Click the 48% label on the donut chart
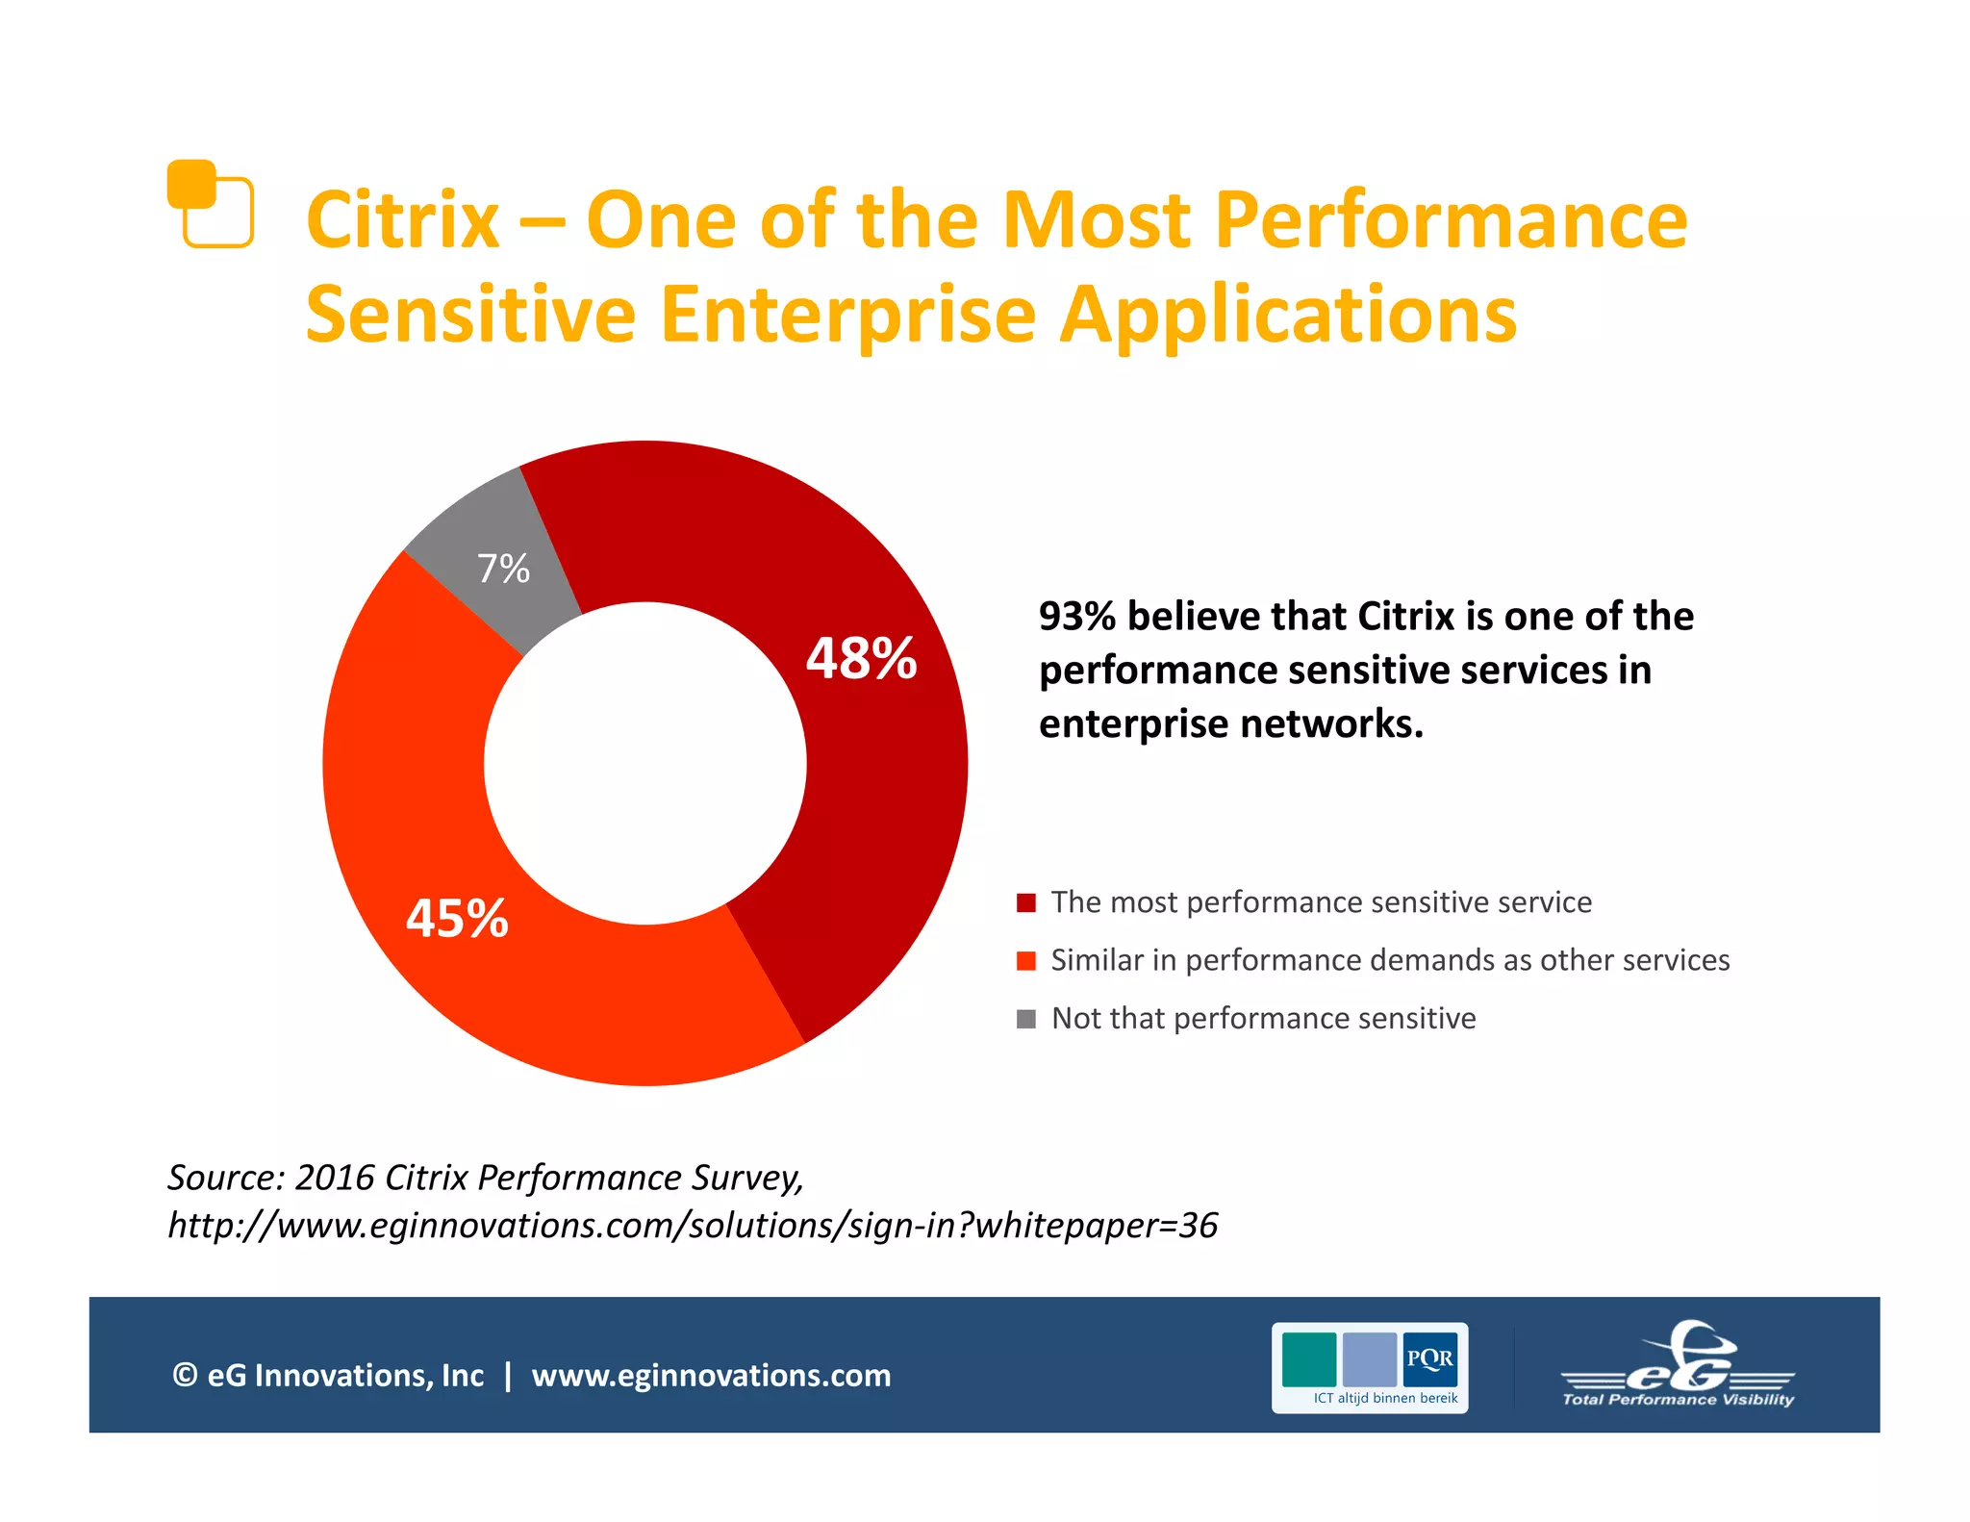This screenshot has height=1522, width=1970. tap(861, 659)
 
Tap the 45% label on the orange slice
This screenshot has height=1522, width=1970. tap(457, 918)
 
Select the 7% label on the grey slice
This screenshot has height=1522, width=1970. tap(503, 569)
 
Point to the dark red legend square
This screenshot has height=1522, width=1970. tap(1026, 902)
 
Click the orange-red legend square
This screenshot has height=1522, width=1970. tap(1026, 960)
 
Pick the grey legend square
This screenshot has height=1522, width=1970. tap(1026, 1019)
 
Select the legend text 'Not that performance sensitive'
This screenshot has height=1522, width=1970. tap(1263, 1018)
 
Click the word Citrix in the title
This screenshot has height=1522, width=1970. tap(403, 220)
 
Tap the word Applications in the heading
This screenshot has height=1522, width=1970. tap(1287, 315)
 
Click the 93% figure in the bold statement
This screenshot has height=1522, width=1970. tap(1076, 617)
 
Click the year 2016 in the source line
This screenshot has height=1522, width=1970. tap(334, 1178)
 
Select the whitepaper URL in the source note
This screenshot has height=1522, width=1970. tap(693, 1226)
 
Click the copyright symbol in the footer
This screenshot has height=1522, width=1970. tap(185, 1375)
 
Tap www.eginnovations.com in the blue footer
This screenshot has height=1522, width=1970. tap(711, 1375)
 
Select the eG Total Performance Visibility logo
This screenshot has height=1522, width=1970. tap(1678, 1366)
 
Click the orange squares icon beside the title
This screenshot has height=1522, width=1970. tap(210, 203)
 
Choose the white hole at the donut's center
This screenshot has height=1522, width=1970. tap(644, 763)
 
